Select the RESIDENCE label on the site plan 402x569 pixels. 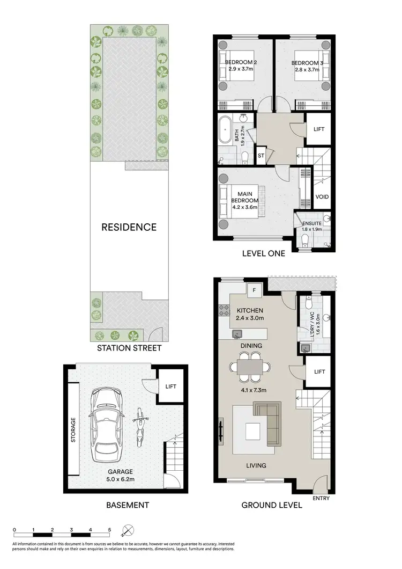pos(129,227)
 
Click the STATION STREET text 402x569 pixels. pos(129,348)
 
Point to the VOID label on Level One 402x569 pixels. pos(322,197)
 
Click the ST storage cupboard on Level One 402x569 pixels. pos(262,156)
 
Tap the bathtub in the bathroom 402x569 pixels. pos(224,132)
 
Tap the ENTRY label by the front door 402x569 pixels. pos(321,499)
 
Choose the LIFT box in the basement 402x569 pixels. pos(171,386)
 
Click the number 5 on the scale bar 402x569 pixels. pos(109,529)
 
